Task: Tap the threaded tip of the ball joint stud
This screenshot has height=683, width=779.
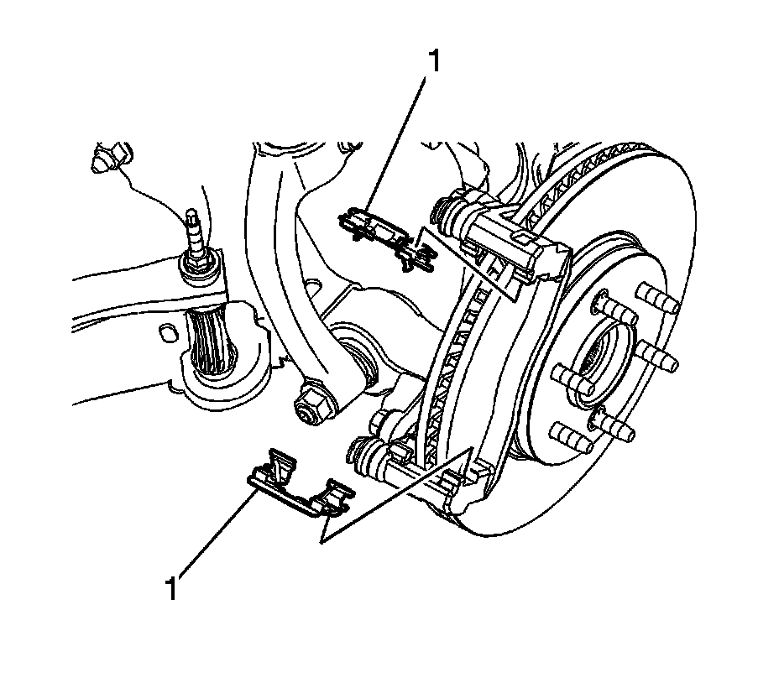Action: tap(191, 220)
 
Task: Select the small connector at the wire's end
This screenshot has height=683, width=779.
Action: tap(111, 159)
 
